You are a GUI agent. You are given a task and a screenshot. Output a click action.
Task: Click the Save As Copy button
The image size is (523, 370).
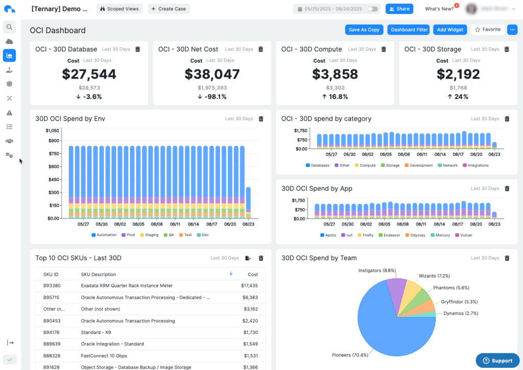click(364, 30)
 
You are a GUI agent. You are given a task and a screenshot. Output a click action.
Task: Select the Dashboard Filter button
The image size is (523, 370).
click(409, 30)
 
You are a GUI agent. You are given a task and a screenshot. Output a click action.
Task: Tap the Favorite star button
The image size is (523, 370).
click(488, 30)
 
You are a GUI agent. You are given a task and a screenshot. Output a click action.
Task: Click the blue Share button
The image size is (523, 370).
click(399, 9)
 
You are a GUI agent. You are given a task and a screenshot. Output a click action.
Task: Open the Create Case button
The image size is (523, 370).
click(169, 9)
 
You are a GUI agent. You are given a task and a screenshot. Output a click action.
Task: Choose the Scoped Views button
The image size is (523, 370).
click(118, 9)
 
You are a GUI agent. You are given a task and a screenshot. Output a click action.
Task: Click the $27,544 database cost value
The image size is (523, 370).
click(89, 74)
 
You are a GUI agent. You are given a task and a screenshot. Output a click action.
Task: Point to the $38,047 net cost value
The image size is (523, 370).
click(212, 74)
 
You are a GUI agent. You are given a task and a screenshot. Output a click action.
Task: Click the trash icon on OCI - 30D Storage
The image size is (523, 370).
click(507, 49)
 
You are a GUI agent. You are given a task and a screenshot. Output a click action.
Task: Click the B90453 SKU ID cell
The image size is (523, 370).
click(52, 321)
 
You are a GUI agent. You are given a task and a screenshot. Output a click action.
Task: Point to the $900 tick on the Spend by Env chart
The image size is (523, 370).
click(54, 141)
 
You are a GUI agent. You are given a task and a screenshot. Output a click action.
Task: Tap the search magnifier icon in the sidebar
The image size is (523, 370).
click(9, 27)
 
